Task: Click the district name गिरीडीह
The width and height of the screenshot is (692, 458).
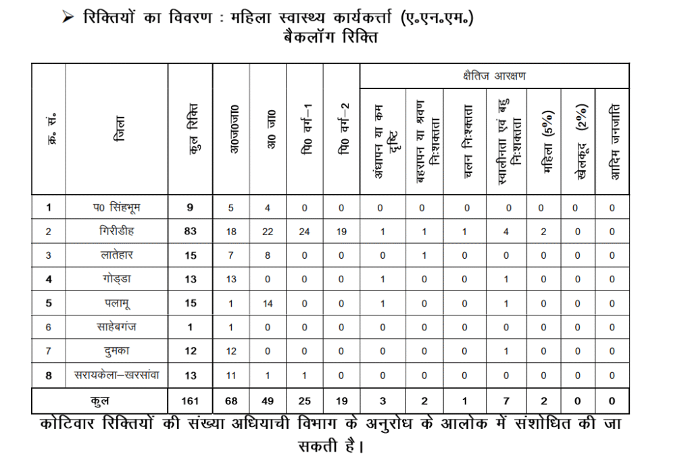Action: (x=116, y=232)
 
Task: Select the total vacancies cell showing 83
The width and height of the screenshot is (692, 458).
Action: (x=190, y=232)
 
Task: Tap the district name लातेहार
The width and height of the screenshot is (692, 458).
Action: (x=116, y=256)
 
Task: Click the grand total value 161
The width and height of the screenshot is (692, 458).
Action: (x=190, y=401)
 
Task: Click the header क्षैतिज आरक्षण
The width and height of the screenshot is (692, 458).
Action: (x=494, y=76)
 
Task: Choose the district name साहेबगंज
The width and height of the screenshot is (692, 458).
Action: (x=116, y=328)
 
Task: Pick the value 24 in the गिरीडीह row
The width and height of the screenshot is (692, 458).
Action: (x=305, y=232)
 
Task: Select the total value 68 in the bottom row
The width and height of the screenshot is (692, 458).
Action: (x=231, y=401)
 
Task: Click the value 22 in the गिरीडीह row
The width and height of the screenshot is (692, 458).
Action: (x=268, y=232)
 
